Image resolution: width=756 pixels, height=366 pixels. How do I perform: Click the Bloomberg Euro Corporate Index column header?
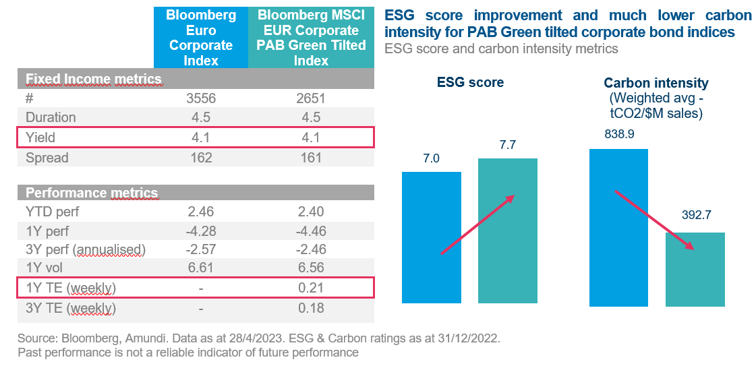pyautogui.click(x=200, y=38)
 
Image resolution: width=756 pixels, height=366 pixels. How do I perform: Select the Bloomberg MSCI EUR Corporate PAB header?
pyautogui.click(x=312, y=38)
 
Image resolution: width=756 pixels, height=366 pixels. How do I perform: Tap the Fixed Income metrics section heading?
pyautogui.click(x=94, y=80)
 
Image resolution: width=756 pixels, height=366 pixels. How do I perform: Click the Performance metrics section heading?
pyautogui.click(x=92, y=193)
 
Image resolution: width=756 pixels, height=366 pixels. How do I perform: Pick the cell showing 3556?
pyautogui.click(x=200, y=98)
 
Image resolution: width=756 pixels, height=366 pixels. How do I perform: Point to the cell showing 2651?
pyautogui.click(x=311, y=98)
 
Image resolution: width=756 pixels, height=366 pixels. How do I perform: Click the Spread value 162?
pyautogui.click(x=200, y=158)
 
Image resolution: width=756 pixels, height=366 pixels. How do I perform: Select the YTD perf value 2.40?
pyautogui.click(x=311, y=212)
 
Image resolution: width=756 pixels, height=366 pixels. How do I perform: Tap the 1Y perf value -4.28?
pyautogui.click(x=200, y=231)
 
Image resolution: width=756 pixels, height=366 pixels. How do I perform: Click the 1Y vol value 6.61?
pyautogui.click(x=200, y=268)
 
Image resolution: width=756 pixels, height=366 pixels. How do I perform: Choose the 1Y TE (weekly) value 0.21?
pyautogui.click(x=311, y=288)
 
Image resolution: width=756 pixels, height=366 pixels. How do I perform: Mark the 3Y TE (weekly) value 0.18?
pyautogui.click(x=311, y=308)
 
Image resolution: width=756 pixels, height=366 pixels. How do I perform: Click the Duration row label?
pyautogui.click(x=51, y=117)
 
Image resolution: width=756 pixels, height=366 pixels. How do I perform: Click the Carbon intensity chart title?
pyautogui.click(x=656, y=84)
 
